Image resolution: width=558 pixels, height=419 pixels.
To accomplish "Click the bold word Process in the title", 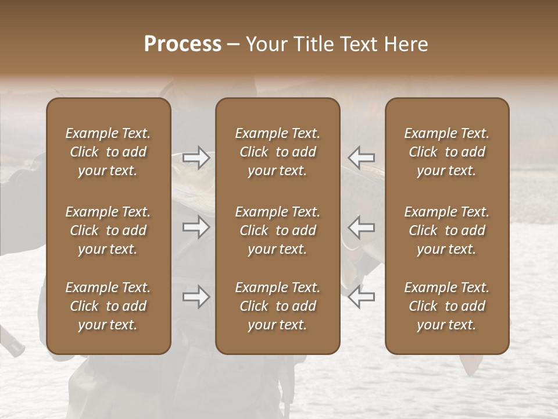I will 183,44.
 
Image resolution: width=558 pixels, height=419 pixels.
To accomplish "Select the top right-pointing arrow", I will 196,158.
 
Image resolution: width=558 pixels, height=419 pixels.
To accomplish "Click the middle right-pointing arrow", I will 196,227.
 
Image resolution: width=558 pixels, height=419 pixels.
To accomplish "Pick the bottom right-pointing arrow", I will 196,297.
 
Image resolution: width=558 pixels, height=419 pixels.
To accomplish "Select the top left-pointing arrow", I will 362,158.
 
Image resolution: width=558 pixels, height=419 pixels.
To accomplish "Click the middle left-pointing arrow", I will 362,227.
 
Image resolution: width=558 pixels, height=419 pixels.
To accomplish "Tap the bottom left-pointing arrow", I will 362,297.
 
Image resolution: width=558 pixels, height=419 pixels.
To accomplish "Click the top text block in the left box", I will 108,152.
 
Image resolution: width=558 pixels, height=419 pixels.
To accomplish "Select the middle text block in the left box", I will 108,230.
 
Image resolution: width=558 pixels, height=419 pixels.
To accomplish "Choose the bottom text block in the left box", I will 108,306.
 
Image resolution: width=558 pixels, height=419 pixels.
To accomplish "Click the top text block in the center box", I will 278,152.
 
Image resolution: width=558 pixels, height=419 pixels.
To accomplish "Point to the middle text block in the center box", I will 278,230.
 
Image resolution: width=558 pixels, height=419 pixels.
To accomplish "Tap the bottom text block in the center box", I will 278,306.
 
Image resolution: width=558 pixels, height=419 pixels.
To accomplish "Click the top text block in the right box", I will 447,152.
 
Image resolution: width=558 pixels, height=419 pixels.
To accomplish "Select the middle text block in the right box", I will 447,230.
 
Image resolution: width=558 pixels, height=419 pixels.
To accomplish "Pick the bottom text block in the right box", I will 447,306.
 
